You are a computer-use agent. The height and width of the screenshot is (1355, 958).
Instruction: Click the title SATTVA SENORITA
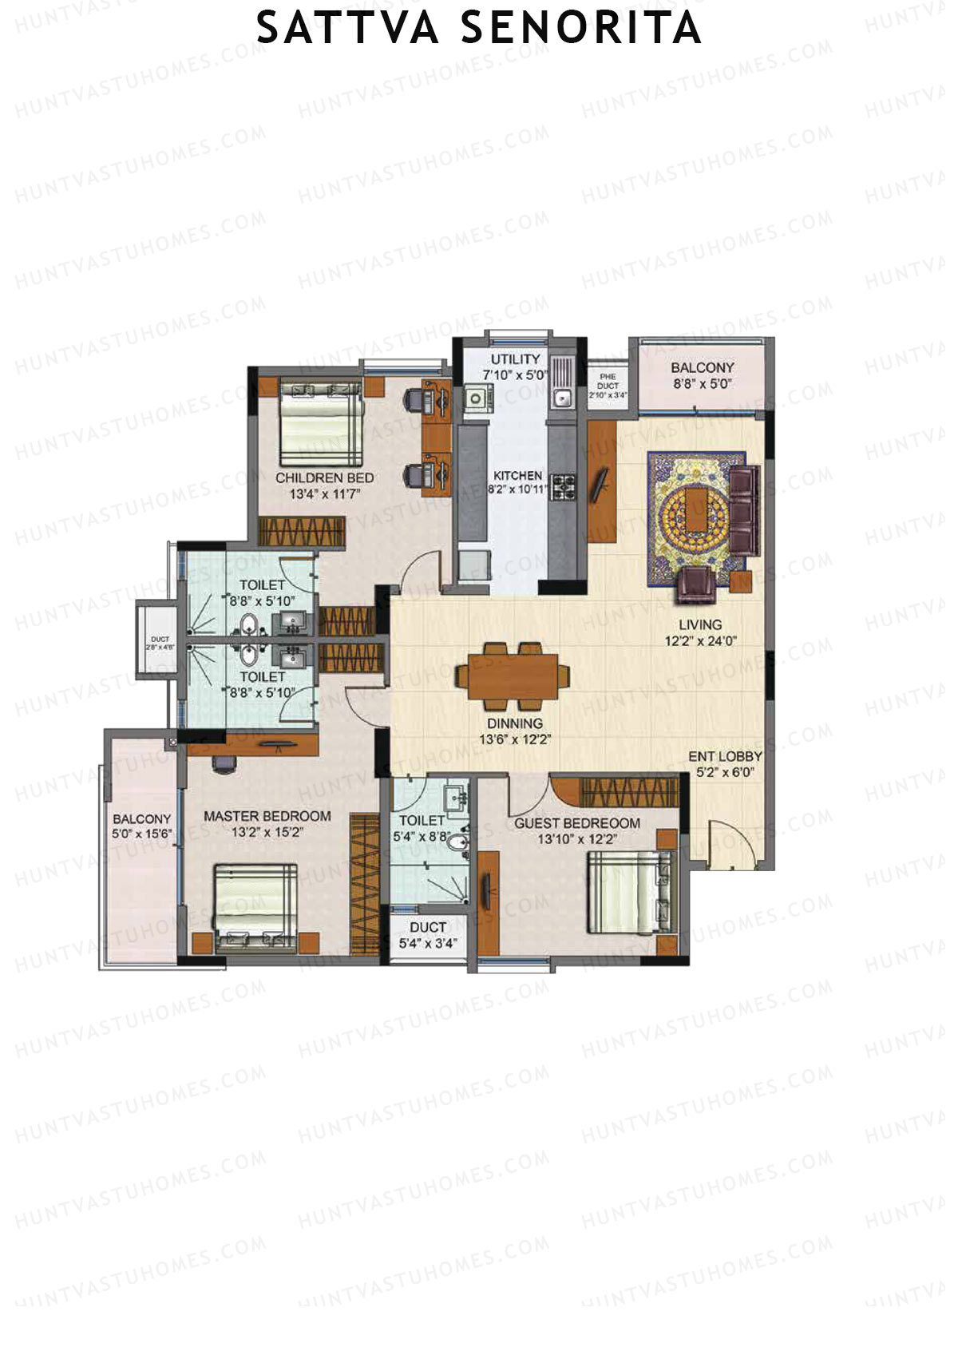click(x=478, y=30)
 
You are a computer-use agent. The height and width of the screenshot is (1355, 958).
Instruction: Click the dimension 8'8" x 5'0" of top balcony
click(x=702, y=383)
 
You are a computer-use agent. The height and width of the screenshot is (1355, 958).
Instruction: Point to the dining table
click(x=513, y=676)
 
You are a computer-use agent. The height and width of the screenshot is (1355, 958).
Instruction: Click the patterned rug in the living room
click(x=687, y=519)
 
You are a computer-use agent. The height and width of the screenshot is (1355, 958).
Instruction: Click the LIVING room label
click(x=700, y=624)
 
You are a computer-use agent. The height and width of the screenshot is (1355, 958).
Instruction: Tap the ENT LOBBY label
click(x=725, y=756)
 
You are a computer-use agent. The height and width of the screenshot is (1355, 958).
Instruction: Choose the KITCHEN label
click(x=517, y=475)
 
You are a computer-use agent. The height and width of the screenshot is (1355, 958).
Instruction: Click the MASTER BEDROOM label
click(x=267, y=816)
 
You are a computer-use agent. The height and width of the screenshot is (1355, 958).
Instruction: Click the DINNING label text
click(x=515, y=723)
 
